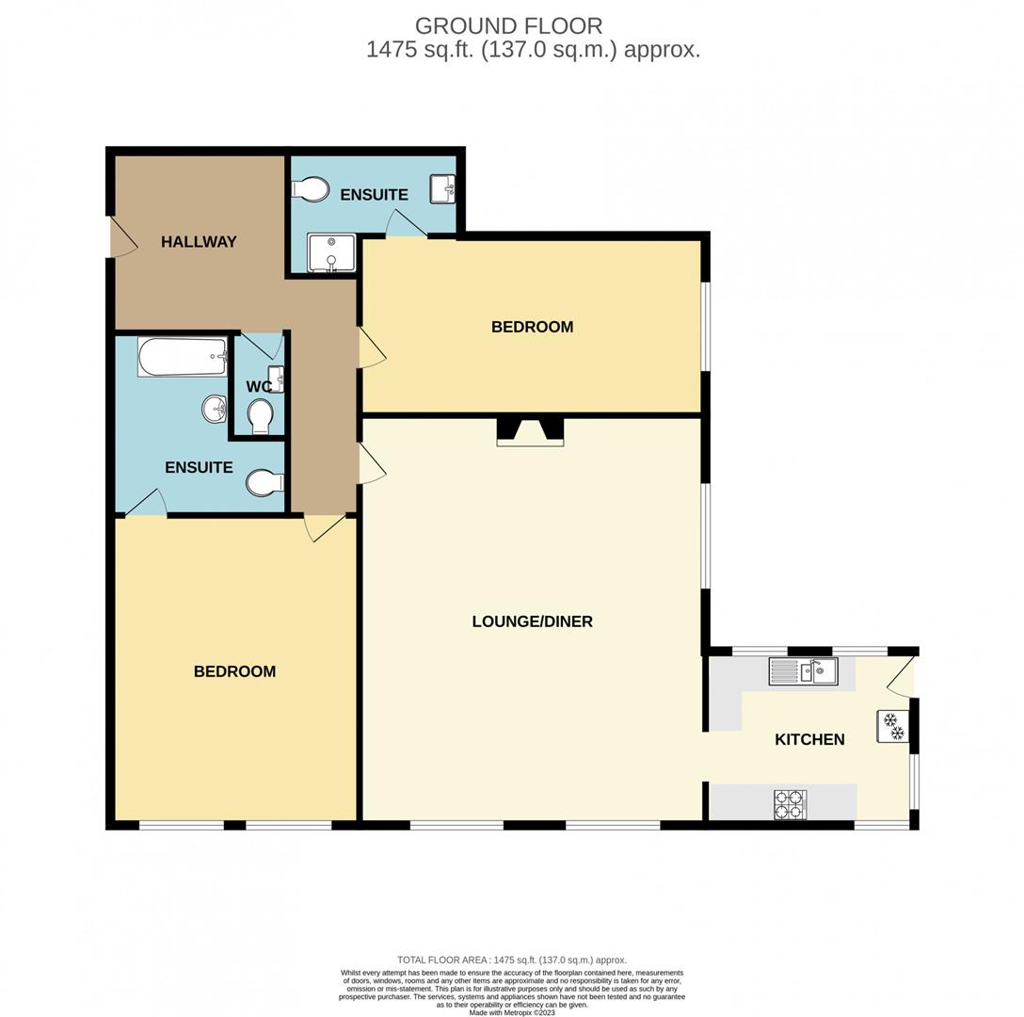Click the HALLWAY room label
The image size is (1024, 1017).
(x=199, y=242)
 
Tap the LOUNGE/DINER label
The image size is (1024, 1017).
(x=532, y=621)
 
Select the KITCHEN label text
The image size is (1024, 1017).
(x=809, y=739)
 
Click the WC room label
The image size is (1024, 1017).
(x=258, y=387)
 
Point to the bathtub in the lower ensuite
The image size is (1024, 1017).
(x=183, y=357)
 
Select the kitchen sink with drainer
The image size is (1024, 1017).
(x=803, y=671)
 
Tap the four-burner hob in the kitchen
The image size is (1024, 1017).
(x=790, y=804)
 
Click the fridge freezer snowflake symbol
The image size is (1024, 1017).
(x=893, y=725)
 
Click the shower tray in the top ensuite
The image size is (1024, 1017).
(x=331, y=252)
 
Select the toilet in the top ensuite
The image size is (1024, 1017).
(x=310, y=190)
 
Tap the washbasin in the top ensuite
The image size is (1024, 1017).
(x=443, y=188)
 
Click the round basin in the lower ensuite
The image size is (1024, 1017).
(x=214, y=409)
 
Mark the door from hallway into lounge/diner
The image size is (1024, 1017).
(x=371, y=464)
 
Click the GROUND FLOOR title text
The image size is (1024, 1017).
(x=508, y=26)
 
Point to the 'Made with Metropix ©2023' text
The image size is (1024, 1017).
(x=511, y=1012)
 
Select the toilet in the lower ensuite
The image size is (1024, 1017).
(x=264, y=483)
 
